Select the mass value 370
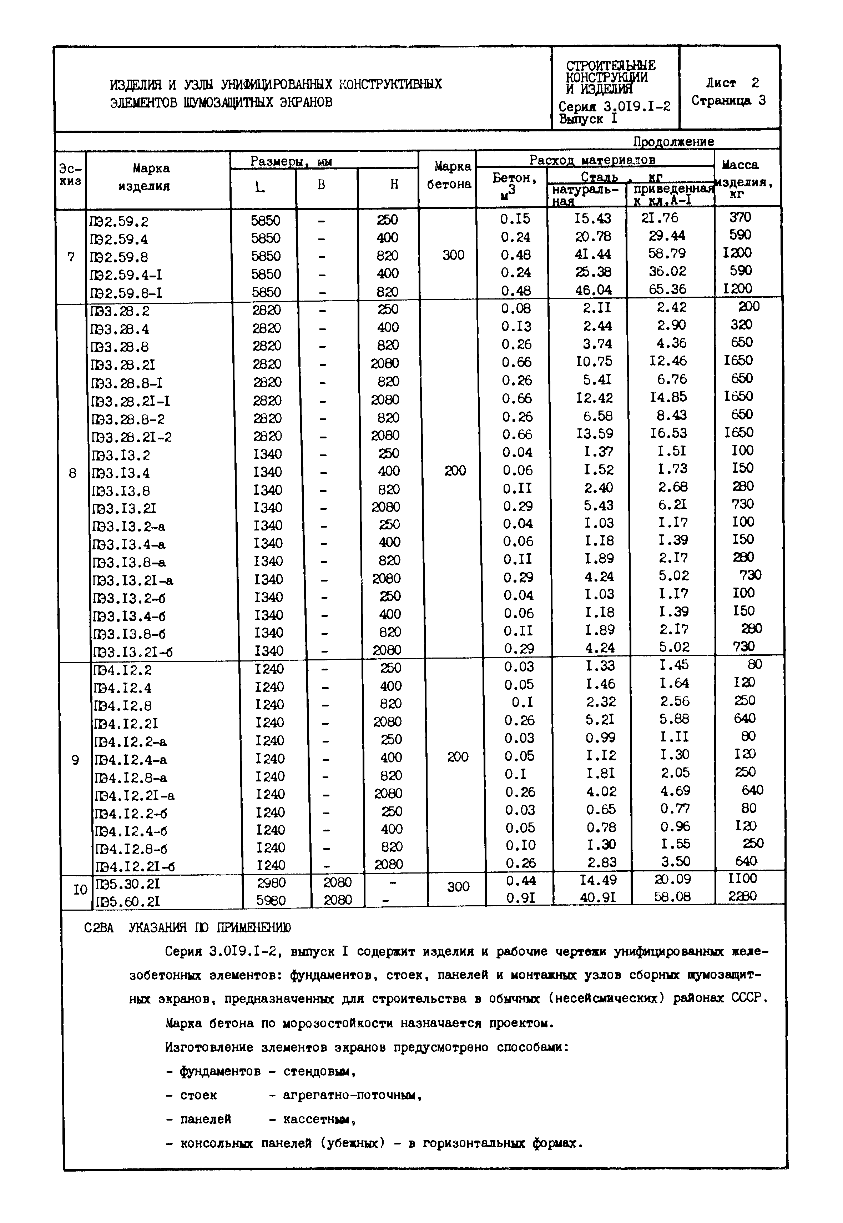[x=739, y=217]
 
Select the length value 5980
[x=271, y=900]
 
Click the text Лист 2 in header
[x=732, y=83]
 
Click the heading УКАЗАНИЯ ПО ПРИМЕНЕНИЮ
[x=210, y=928]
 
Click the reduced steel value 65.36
[x=667, y=289]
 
